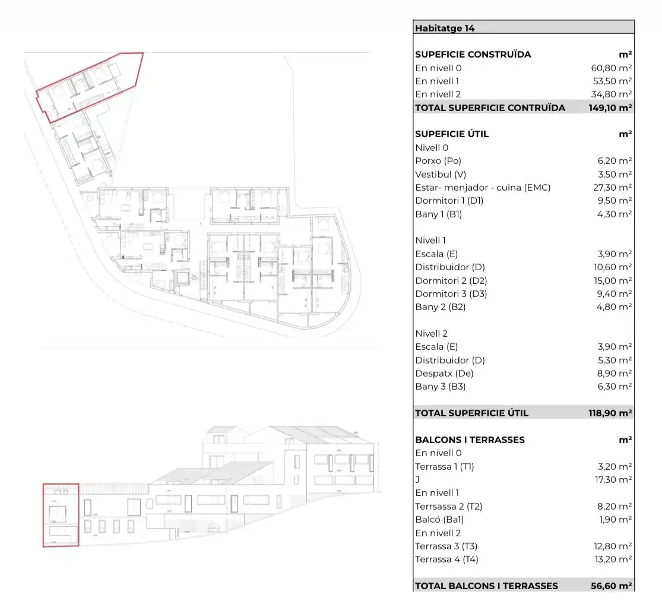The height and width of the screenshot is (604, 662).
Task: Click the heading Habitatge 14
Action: point(445,29)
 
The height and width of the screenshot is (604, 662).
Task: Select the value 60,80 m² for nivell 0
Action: point(611,68)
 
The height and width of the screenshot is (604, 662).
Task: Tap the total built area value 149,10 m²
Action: point(610,107)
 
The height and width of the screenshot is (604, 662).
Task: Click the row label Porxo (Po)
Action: point(438,161)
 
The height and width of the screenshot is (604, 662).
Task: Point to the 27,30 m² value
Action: point(612,188)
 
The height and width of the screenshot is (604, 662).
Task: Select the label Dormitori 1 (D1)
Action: point(449,201)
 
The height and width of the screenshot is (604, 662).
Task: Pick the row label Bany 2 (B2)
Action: point(441,307)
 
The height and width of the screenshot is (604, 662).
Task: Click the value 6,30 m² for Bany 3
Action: point(615,387)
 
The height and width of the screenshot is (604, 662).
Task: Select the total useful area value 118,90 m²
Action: point(610,413)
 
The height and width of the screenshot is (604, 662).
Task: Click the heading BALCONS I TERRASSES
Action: point(470,439)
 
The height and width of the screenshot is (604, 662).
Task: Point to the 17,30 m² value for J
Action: point(613,480)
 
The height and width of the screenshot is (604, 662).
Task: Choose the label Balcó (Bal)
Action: point(439,520)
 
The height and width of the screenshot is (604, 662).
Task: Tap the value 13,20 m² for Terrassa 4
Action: point(613,559)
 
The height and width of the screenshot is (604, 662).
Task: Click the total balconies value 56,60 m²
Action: point(612,586)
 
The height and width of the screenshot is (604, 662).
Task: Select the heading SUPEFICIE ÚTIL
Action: point(452,134)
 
